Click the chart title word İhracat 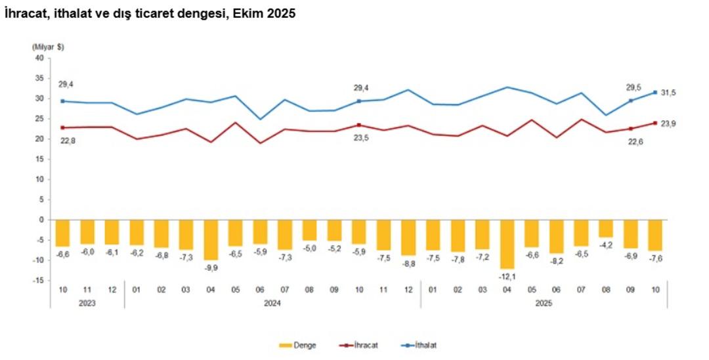pos(26,13)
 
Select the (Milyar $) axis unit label pos(48,47)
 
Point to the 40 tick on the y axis pos(39,58)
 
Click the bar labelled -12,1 pos(507,244)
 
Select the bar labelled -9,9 pos(211,239)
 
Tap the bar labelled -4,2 pos(606,228)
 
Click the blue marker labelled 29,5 pos(631,101)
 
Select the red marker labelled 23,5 pos(358,125)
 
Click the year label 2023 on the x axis pos(87,303)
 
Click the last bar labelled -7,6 pos(655,235)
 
